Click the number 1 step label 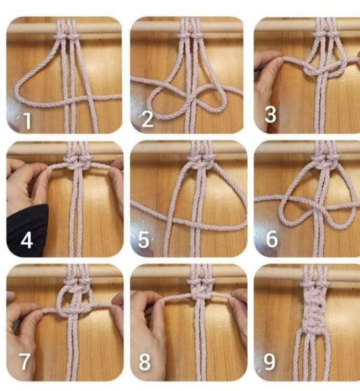coord(28,121)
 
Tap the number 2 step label coord(147,119)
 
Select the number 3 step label coord(270,114)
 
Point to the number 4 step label coord(26,240)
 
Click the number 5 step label coord(143,240)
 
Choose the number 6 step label coord(272,239)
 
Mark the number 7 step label coord(25,361)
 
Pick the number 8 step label coord(144,362)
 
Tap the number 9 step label coord(270,362)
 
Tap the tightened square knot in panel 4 coord(77,165)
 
